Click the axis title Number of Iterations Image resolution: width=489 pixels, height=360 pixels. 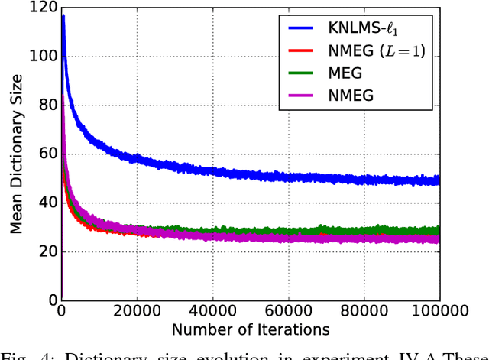[251, 330]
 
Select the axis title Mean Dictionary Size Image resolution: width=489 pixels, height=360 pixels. [15, 154]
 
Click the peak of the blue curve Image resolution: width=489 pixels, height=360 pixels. [63, 15]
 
